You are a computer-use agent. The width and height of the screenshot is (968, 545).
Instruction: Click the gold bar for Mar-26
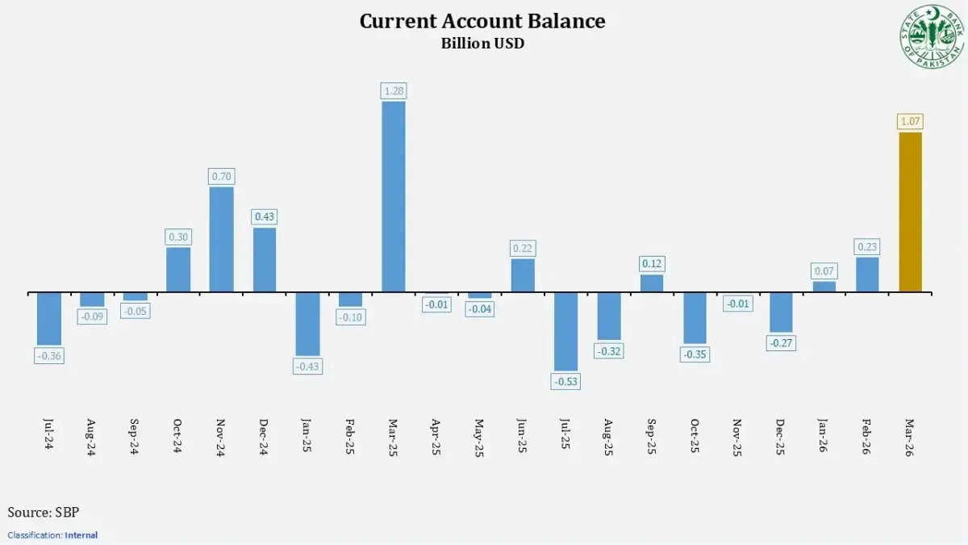click(910, 212)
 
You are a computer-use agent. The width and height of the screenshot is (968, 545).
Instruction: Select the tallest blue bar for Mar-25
click(393, 196)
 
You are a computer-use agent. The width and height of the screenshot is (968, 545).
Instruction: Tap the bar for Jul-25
click(565, 331)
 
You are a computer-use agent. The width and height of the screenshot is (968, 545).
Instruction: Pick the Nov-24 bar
click(221, 239)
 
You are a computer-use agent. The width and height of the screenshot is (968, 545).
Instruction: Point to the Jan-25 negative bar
click(307, 323)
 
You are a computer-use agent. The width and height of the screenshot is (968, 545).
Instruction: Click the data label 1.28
click(393, 90)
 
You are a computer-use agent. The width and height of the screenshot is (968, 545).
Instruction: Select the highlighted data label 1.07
click(910, 122)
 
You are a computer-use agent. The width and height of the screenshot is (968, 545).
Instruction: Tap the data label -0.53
click(565, 381)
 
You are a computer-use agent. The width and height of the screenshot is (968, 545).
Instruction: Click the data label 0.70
click(221, 176)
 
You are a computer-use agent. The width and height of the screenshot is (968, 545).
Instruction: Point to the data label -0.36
click(48, 355)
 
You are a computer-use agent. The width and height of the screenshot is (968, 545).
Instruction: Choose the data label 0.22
click(523, 248)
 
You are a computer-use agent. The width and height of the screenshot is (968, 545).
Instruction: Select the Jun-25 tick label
click(523, 437)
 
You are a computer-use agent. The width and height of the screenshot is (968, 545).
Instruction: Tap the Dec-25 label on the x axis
click(781, 437)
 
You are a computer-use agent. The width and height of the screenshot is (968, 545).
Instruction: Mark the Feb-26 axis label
click(867, 437)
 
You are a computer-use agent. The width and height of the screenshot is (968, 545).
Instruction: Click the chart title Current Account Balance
click(482, 21)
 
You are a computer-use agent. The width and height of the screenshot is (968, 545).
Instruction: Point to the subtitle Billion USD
click(482, 44)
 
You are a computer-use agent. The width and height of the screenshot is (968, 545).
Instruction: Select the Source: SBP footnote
click(44, 512)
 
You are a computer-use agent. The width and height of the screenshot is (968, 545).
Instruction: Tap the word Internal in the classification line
click(82, 535)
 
